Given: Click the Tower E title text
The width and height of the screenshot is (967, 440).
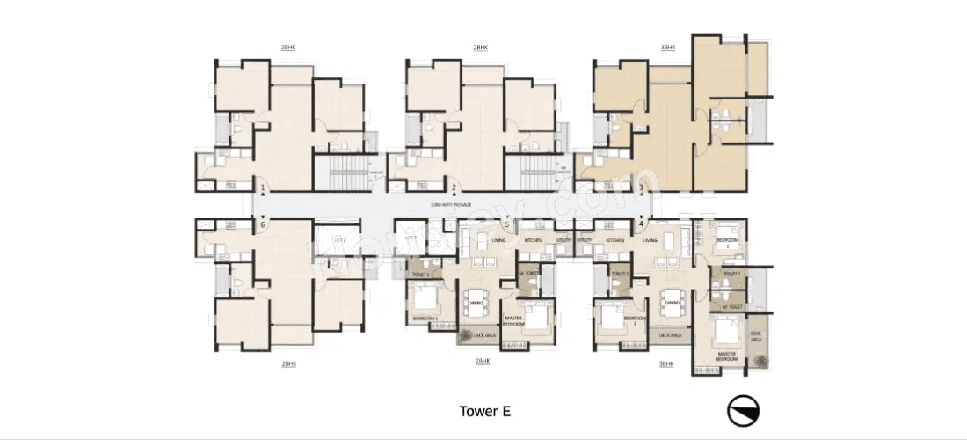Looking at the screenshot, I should (484, 411).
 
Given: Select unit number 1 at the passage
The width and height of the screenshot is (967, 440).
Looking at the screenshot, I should (262, 187).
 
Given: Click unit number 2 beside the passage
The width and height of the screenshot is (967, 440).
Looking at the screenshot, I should (454, 187).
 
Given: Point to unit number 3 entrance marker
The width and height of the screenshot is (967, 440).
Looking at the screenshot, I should (642, 187).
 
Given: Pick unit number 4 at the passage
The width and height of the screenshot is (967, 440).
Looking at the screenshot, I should (642, 222).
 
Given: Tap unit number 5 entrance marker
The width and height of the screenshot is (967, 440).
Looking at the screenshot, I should (507, 224).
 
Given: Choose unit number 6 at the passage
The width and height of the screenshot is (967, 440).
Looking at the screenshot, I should (262, 224).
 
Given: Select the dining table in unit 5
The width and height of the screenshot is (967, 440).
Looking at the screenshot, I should (476, 298).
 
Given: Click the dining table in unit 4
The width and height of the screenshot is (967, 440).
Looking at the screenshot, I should (673, 298).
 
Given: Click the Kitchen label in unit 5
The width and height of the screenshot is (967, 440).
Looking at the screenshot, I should (533, 239).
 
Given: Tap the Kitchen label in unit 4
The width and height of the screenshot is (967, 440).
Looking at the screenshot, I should (614, 239).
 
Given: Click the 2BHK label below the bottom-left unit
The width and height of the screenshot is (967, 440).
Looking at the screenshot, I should (288, 363).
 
